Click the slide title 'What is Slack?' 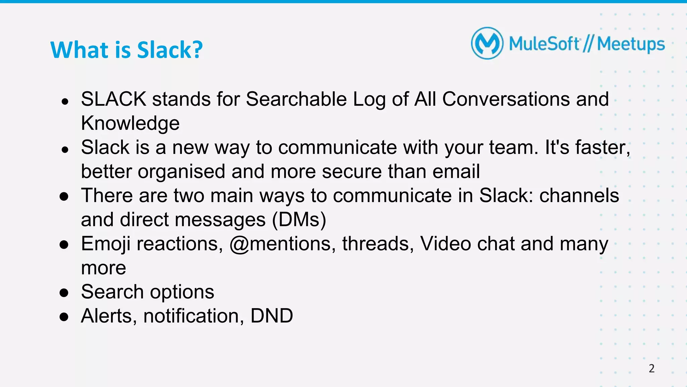[126, 50]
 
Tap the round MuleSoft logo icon [487, 43]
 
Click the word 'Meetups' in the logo [631, 44]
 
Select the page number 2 [651, 369]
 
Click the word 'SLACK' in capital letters [113, 99]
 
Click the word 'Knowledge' [130, 123]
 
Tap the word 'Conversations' [506, 99]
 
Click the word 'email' [456, 172]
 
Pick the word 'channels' [579, 195]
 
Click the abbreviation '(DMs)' [299, 220]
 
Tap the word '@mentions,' [282, 244]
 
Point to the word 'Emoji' [106, 244]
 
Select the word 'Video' [445, 244]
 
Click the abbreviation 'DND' [272, 316]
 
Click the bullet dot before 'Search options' [64, 292]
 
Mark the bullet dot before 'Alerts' [64, 317]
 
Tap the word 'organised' [181, 172]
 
